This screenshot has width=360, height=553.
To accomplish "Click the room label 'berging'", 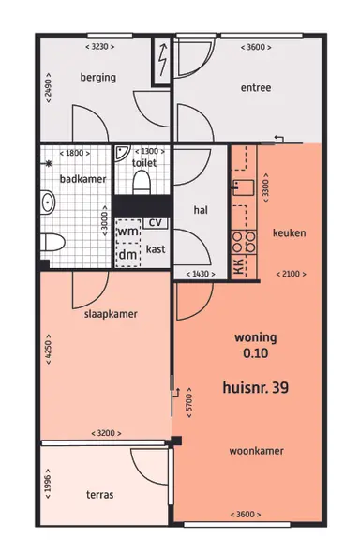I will (98, 78).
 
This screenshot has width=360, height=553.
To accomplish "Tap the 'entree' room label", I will (255, 88).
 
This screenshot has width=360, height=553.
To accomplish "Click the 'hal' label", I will (200, 210).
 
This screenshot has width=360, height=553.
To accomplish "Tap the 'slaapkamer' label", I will (103, 315).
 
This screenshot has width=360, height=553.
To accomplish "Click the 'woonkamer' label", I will (257, 451).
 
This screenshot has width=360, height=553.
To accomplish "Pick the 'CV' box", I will (156, 222).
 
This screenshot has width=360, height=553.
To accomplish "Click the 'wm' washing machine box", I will (127, 232).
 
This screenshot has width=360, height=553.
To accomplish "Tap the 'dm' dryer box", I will (127, 253).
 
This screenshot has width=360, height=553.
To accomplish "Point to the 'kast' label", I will (156, 249).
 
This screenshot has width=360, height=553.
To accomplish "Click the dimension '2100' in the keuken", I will (290, 273).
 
